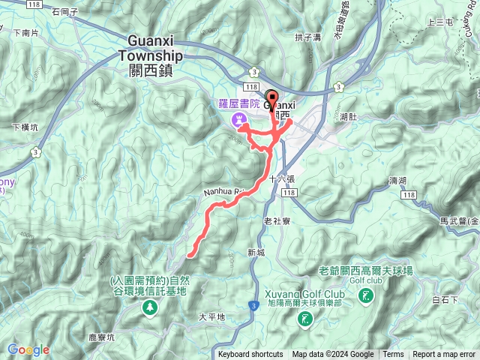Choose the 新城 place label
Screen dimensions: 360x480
pos(256,252)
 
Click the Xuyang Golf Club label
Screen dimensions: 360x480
pos(304,292)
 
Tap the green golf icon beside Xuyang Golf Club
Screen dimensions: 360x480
pos(305,320)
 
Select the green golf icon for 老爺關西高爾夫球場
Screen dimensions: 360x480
pos(365,297)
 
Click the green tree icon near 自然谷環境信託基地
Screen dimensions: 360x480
pos(151,307)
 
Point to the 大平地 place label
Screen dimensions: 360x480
pos(211,317)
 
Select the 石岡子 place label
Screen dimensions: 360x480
pos(66,12)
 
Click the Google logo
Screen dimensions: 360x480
pos(28,349)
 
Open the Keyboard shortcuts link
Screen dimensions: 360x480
pos(250,355)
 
